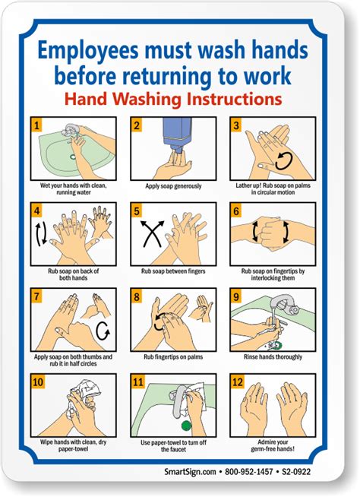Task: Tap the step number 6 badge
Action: pyautogui.click(x=237, y=211)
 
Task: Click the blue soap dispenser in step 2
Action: pyautogui.click(x=179, y=136)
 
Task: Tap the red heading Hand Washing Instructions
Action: pyautogui.click(x=173, y=99)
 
